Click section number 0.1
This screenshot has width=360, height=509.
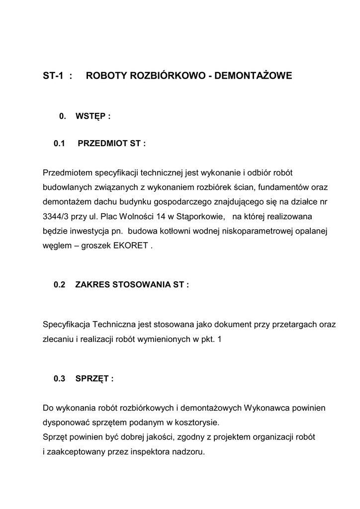pos(60,144)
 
